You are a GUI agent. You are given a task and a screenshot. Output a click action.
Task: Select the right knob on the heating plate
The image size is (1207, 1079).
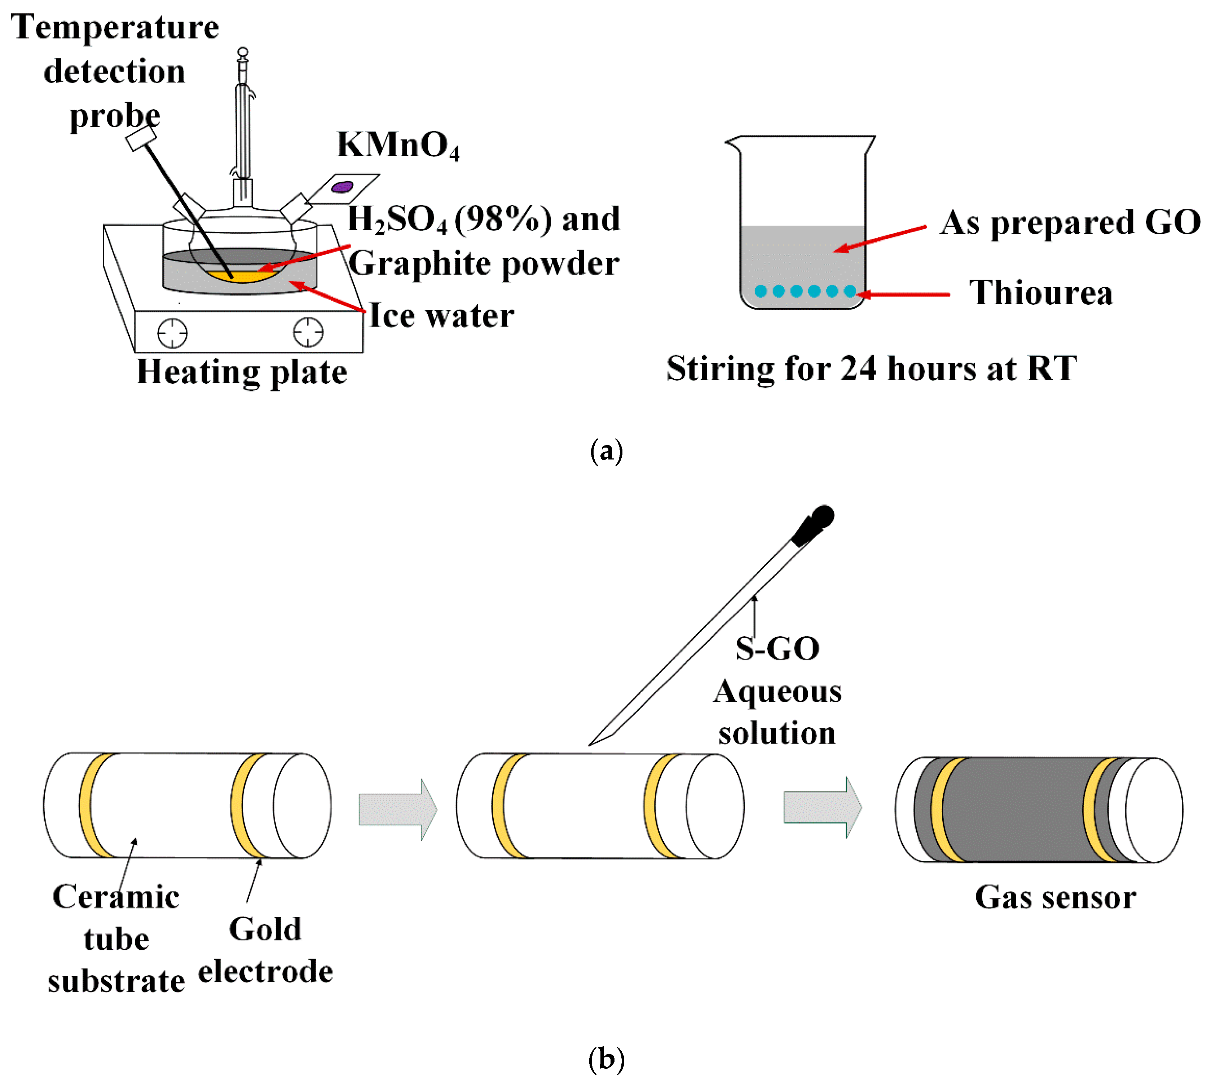(308, 332)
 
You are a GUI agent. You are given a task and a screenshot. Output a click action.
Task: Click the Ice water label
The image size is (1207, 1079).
(441, 315)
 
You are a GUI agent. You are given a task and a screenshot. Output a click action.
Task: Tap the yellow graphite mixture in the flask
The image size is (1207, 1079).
(240, 276)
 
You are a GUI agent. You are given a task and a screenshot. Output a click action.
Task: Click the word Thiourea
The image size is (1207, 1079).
(1041, 293)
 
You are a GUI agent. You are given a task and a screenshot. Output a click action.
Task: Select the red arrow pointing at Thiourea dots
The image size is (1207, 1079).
(904, 294)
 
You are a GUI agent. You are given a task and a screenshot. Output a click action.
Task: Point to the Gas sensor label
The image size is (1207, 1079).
(1055, 898)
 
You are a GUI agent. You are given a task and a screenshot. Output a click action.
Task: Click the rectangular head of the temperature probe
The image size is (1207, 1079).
(141, 139)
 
